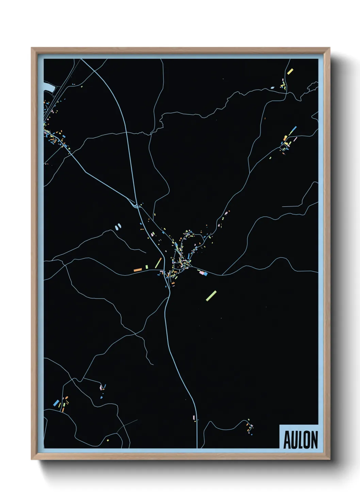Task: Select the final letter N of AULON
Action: (314, 440)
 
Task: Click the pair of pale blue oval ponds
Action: (118, 226)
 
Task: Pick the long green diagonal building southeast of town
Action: (211, 296)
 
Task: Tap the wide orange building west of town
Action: (138, 270)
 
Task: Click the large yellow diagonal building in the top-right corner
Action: (290, 72)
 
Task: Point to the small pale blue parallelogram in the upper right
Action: (272, 88)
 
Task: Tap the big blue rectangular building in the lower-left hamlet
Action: (56, 403)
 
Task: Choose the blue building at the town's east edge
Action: (205, 273)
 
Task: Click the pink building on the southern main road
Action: (194, 417)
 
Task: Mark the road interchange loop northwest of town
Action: (136, 205)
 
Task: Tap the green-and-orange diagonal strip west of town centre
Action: (158, 263)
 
